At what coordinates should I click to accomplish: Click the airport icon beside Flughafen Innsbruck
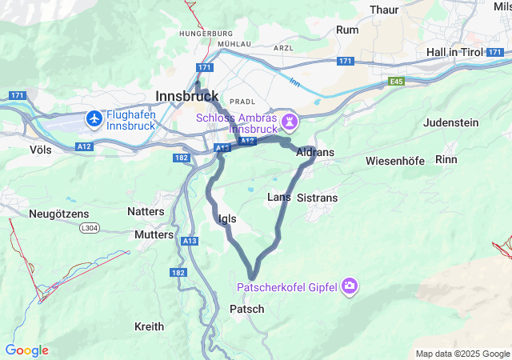tap(94, 118)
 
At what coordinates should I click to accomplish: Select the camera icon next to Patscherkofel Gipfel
tap(350, 286)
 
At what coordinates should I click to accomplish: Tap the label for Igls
tap(226, 218)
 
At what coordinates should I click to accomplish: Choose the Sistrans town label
tap(317, 198)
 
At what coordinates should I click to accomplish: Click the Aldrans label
tap(314, 152)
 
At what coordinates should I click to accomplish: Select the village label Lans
tap(278, 197)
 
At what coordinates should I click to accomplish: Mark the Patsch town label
tap(246, 309)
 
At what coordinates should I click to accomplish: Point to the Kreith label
tap(149, 326)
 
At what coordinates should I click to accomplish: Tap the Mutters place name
tap(154, 235)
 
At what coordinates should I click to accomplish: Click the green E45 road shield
tap(398, 82)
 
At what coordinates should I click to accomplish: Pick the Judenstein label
tap(450, 122)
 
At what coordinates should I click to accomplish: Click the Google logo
tap(26, 350)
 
